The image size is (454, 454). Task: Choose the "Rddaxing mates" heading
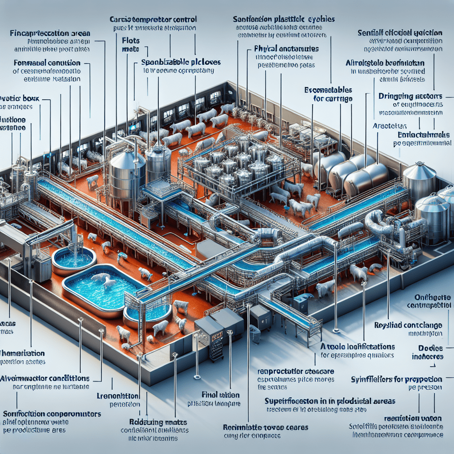[154, 422]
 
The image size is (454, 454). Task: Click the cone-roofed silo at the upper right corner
[419, 177]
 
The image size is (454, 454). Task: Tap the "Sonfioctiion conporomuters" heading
[51, 414]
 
